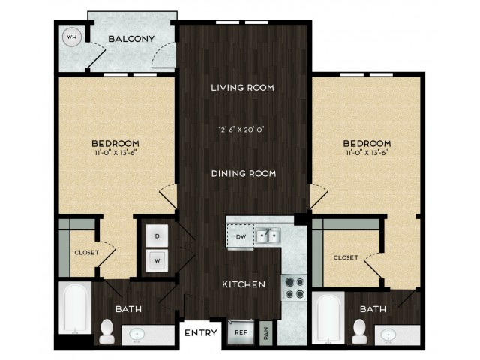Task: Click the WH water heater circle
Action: click(x=72, y=37)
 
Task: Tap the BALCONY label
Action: click(x=131, y=39)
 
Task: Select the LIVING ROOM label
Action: click(x=242, y=88)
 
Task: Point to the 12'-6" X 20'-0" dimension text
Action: click(x=241, y=130)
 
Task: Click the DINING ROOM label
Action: click(x=244, y=173)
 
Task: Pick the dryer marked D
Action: click(x=157, y=236)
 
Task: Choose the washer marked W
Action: click(x=157, y=260)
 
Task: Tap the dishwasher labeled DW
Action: click(x=241, y=236)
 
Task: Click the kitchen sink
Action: click(x=268, y=235)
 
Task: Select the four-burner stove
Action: click(x=294, y=287)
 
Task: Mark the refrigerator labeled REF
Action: click(x=241, y=332)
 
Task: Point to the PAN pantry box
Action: click(x=265, y=333)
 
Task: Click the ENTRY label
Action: click(x=201, y=333)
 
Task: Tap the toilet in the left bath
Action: click(x=106, y=331)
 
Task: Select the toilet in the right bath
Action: click(x=359, y=331)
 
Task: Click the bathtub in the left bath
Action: click(x=75, y=307)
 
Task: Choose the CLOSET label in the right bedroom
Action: click(x=346, y=257)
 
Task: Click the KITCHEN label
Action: click(x=244, y=284)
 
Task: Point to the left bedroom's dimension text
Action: click(x=115, y=152)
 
